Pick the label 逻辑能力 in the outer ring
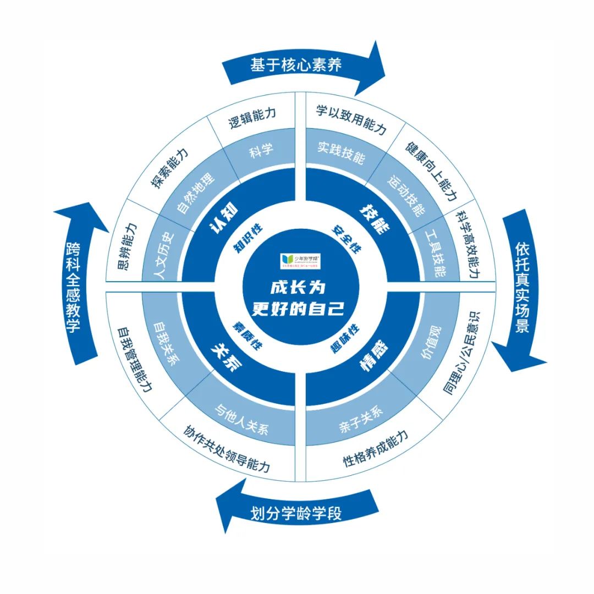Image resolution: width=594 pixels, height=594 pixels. [252, 120]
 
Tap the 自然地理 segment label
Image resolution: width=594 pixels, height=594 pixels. [196, 190]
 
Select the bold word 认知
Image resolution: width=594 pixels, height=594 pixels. [224, 218]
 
